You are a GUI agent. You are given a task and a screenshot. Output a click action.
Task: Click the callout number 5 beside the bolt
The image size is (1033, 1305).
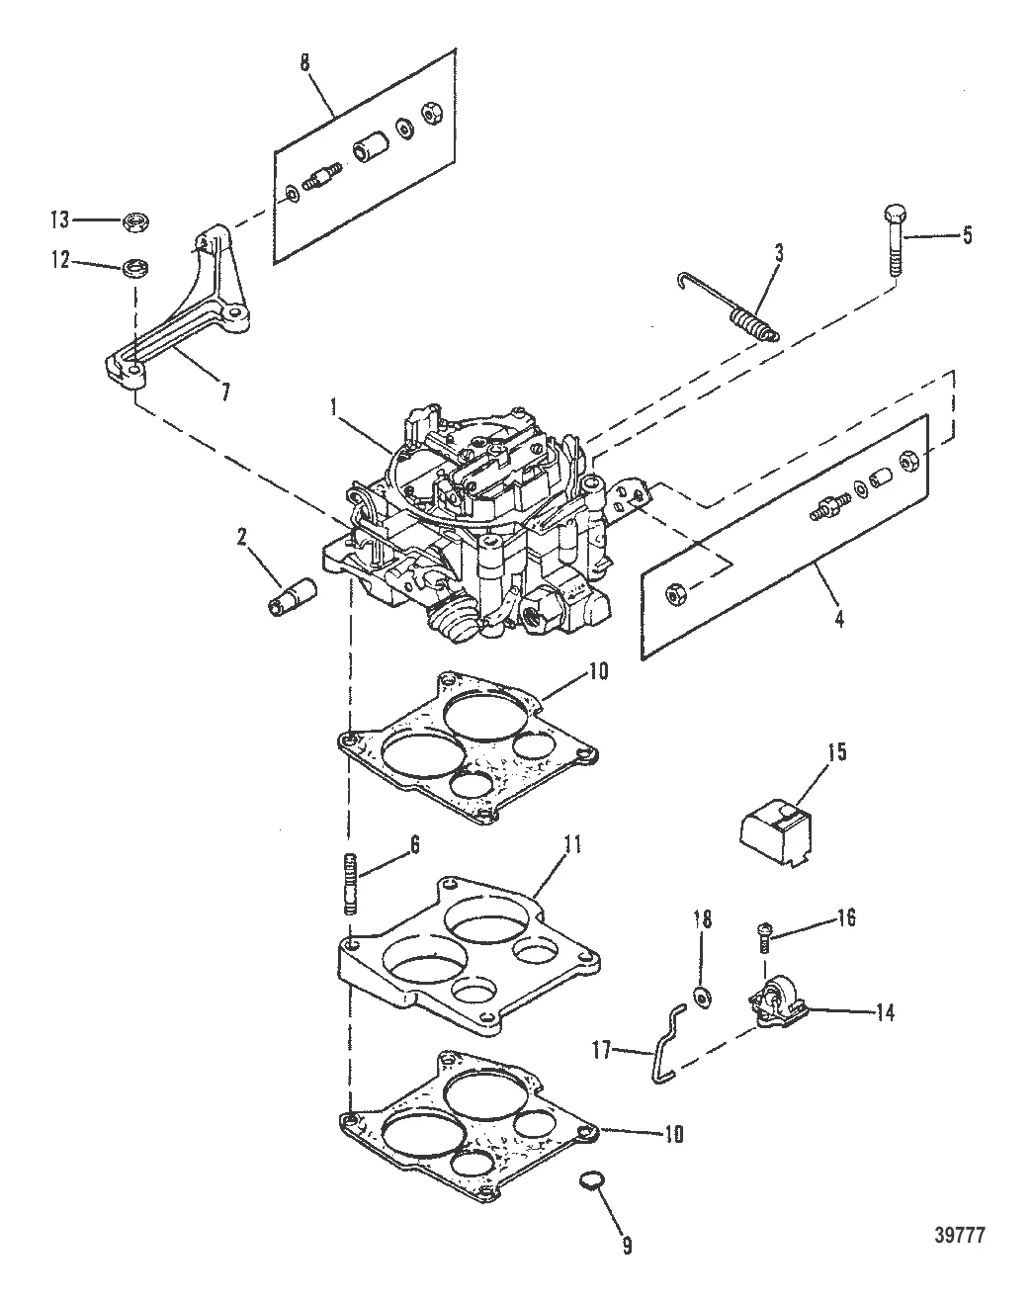point(967,235)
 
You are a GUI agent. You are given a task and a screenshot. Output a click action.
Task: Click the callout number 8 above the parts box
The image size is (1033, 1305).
point(304,62)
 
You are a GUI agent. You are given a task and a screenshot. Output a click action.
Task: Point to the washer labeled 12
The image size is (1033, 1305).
point(133,267)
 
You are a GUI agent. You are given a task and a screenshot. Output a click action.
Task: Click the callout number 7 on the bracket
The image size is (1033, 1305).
point(224,392)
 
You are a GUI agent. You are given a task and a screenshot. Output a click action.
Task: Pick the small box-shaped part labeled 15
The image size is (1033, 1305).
point(777,827)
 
